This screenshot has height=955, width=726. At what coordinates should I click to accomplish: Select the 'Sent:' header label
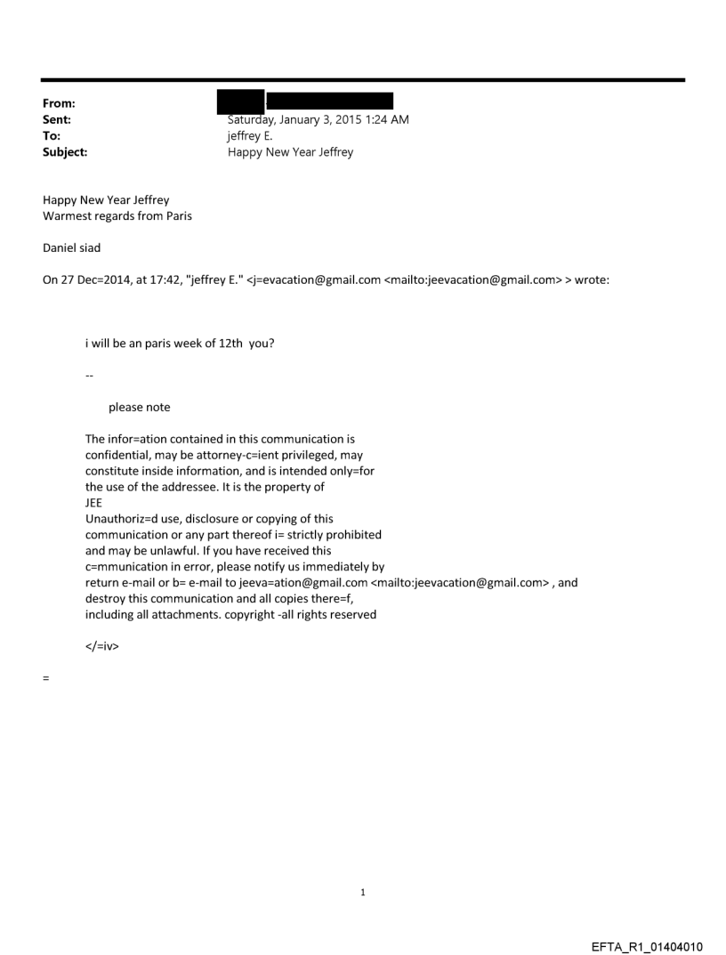pyautogui.click(x=57, y=119)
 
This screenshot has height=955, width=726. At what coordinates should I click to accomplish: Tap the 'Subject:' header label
pyautogui.click(x=65, y=152)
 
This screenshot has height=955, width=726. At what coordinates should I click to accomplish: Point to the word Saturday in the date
pyautogui.click(x=253, y=119)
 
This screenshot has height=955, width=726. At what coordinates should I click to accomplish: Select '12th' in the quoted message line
pyautogui.click(x=231, y=344)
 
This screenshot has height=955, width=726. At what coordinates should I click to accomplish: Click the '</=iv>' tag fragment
pyautogui.click(x=102, y=646)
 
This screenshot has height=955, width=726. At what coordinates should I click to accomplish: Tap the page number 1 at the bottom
pyautogui.click(x=363, y=892)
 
